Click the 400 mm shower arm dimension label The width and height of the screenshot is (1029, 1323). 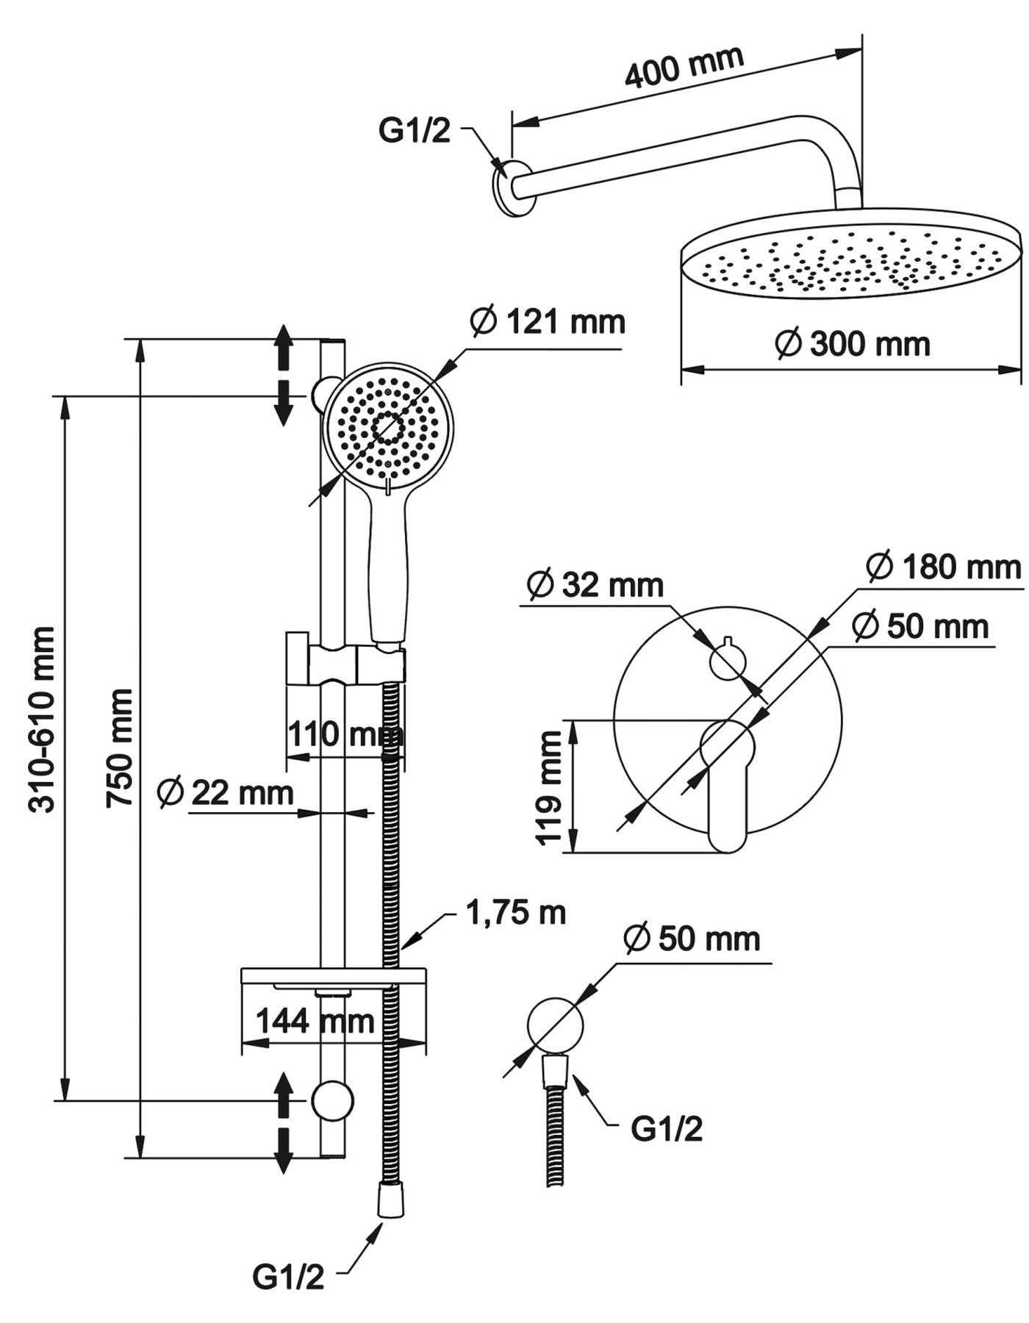pos(684,67)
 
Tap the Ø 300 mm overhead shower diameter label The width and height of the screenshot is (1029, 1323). pos(853,343)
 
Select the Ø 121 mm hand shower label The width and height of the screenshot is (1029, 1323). pos(548,322)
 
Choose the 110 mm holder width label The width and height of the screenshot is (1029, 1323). pos(345,734)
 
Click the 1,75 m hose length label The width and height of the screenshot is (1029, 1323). pos(516,912)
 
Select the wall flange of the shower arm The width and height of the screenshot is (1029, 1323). pos(508,187)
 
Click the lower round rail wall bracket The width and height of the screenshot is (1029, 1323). pos(332,1101)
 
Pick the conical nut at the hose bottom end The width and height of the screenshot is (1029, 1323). pos(390,1201)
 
